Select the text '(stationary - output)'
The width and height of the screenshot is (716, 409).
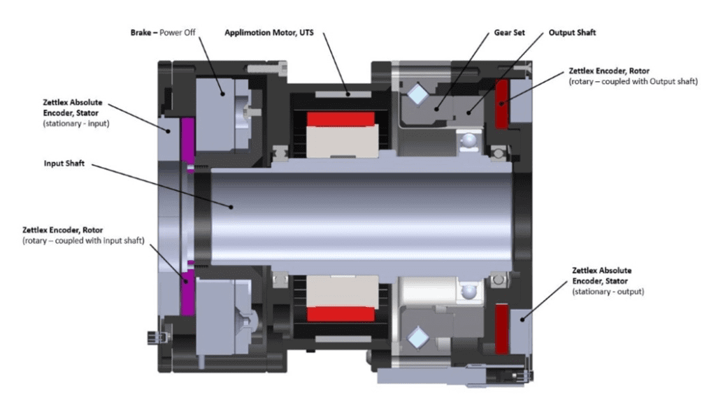[608, 291]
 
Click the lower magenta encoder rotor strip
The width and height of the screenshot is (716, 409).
[188, 292]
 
